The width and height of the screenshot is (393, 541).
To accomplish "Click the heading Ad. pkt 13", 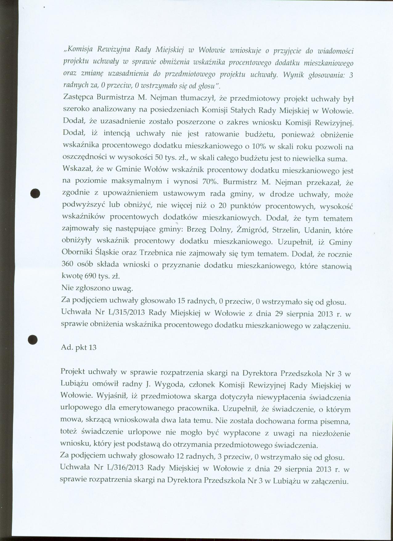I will click(79, 347).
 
